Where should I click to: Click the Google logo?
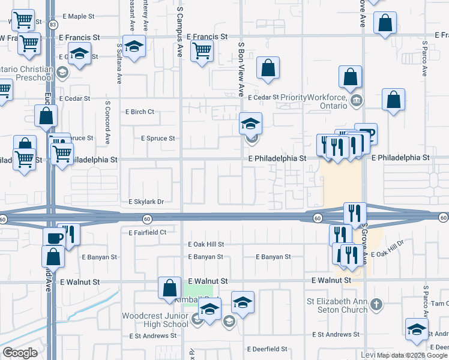click(20, 353)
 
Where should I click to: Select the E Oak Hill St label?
click(205, 244)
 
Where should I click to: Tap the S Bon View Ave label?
click(241, 69)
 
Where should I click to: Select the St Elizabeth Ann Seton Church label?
click(336, 305)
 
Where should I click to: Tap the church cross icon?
click(376, 305)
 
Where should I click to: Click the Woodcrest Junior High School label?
click(155, 320)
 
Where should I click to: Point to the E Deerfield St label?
click(267, 349)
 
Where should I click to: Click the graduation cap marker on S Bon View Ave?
click(250, 124)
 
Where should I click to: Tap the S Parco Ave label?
click(424, 58)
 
